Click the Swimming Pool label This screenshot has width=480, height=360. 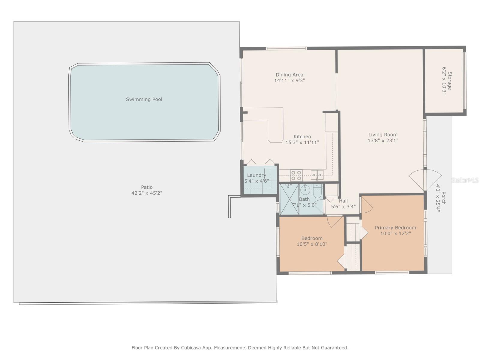point(144,99)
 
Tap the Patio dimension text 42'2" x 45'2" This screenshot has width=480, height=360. point(147,193)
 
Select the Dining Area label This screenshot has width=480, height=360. point(289,75)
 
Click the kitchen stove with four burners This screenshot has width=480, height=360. point(296,175)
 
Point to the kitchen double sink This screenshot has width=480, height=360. point(317,175)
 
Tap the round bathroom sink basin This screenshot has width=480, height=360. point(305,190)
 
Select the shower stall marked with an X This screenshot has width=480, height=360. point(289,199)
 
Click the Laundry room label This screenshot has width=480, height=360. point(256,175)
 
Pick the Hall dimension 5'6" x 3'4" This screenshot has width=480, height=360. point(343,206)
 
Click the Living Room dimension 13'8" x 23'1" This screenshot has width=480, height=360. point(383,140)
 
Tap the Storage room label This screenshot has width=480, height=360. point(450,81)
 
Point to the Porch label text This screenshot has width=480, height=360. point(443,198)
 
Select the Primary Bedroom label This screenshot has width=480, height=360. point(395,228)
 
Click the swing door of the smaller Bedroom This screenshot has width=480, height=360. point(334,221)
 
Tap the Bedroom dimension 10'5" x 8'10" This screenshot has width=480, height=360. point(312,244)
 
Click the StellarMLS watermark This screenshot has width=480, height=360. point(465,180)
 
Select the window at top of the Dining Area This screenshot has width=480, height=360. point(286,48)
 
